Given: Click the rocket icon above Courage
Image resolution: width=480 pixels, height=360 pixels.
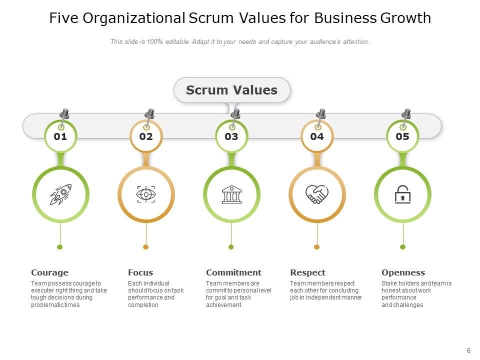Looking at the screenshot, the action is point(60,194).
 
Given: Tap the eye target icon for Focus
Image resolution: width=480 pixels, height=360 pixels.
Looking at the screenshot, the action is point(146,194).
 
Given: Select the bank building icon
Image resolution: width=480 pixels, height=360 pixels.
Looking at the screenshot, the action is point(231,194).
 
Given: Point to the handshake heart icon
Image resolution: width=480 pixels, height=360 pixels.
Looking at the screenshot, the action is point(317,194).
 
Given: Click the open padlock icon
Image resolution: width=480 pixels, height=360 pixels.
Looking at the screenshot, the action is point(402,194).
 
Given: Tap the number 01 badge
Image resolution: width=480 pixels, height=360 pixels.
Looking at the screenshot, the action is point(60,136).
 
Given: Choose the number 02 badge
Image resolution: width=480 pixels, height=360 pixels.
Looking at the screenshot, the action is point(146,136).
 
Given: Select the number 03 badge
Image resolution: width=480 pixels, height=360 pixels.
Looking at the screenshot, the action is point(231,136).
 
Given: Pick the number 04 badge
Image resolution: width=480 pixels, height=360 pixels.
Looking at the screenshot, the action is point(317,136).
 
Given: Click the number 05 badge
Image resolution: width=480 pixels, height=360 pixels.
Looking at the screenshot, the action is point(402,136).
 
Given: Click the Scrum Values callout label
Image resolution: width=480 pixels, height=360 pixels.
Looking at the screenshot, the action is point(231,90).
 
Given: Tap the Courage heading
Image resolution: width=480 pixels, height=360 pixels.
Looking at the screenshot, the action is point(49,272).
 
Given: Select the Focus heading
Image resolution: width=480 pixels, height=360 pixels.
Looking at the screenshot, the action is point(140,272).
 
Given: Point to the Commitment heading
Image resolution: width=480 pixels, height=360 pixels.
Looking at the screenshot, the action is point(233,272).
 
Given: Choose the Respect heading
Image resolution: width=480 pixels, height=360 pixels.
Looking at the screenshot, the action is point(307,272).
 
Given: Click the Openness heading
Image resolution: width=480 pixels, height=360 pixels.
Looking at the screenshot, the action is point(403,272).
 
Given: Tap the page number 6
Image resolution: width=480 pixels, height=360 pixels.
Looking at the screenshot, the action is point(468,351).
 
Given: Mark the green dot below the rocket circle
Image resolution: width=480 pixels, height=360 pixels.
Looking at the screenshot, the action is point(60,247).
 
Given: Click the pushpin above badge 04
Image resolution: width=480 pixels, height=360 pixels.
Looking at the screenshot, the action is point(320,114).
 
